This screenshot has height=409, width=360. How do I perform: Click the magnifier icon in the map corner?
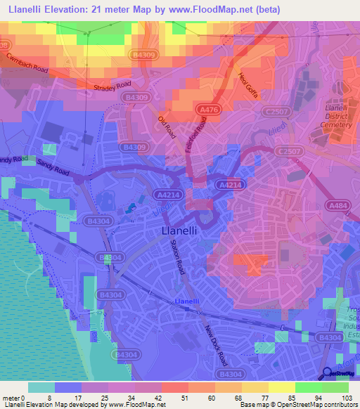point(326,376)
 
